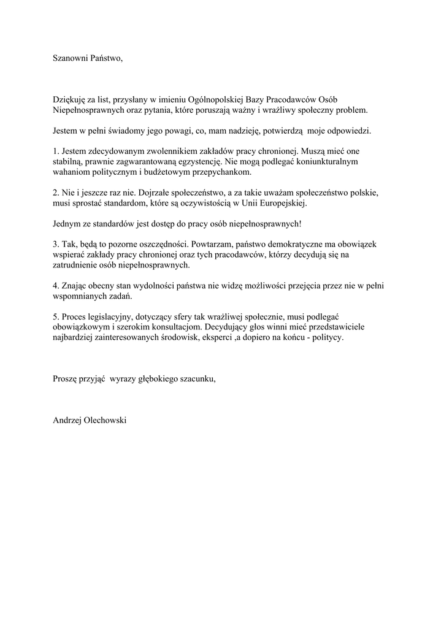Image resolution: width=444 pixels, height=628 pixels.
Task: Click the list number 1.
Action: [x=55, y=151]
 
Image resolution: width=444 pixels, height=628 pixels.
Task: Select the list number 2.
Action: [x=55, y=192]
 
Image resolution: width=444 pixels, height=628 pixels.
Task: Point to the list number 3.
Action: [x=55, y=244]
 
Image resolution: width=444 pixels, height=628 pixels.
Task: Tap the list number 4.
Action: [x=55, y=286]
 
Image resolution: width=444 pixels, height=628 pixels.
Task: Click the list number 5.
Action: [x=55, y=316]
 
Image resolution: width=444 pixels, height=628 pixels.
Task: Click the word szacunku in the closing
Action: [x=195, y=379]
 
